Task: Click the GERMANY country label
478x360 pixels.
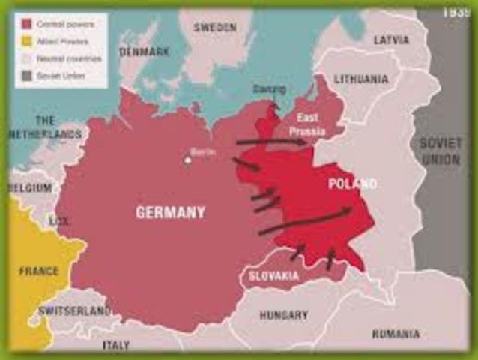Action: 170,213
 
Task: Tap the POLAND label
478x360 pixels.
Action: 352,184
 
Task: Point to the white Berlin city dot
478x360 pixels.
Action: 188,159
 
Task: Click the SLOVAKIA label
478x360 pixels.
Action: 273,276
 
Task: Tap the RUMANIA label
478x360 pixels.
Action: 395,334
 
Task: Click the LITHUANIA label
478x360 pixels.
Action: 361,79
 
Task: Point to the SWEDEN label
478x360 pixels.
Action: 215,27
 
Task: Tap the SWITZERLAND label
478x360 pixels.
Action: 74,310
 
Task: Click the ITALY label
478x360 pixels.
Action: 115,345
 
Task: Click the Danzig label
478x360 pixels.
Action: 269,89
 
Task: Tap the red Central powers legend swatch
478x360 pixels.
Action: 25,24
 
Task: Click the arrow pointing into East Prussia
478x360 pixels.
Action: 270,141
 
